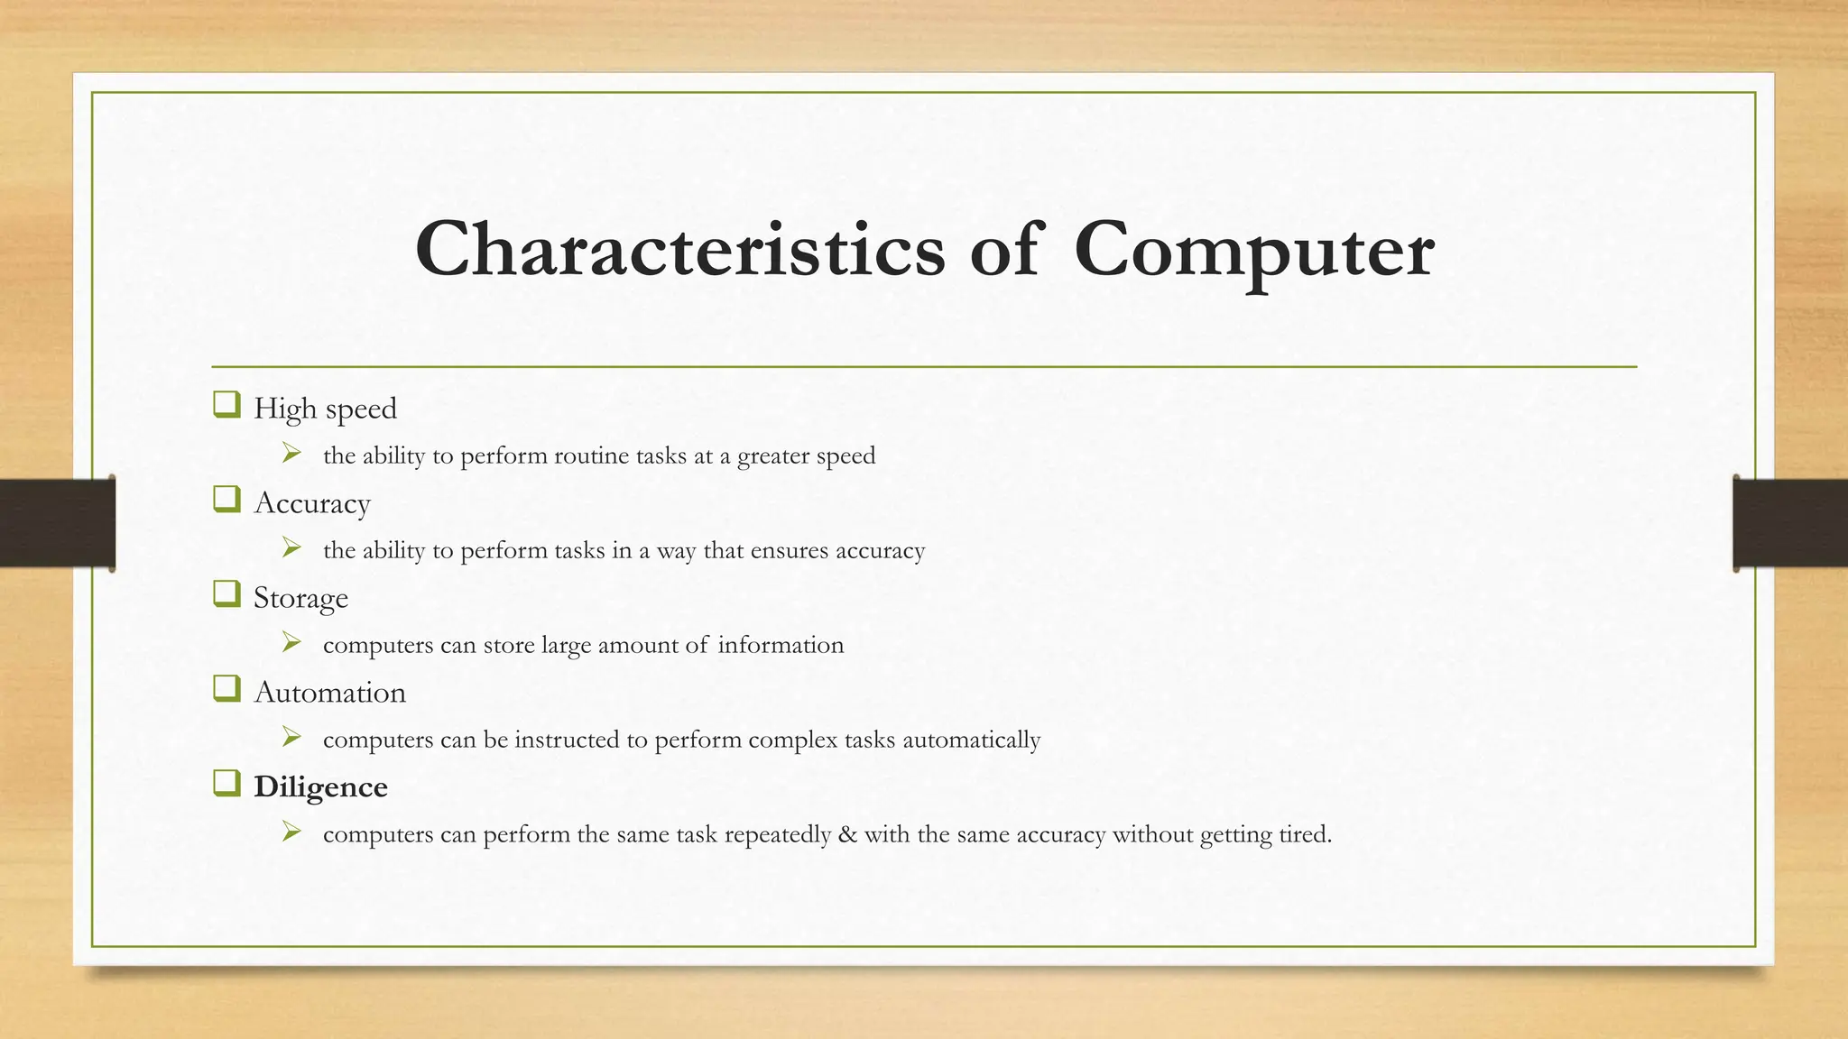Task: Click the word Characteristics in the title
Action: pyautogui.click(x=679, y=250)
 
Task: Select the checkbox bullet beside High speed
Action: pyautogui.click(x=226, y=405)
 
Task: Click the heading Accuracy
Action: pyautogui.click(x=312, y=503)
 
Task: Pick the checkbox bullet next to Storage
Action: pyautogui.click(x=226, y=594)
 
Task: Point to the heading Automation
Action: pyautogui.click(x=329, y=693)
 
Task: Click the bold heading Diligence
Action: pyautogui.click(x=320, y=787)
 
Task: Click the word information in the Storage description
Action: pyautogui.click(x=781, y=645)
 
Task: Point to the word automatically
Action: pyautogui.click(x=971, y=740)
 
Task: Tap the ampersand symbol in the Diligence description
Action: pyautogui.click(x=847, y=834)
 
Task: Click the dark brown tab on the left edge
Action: pyautogui.click(x=57, y=523)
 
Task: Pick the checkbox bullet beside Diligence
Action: pyautogui.click(x=226, y=784)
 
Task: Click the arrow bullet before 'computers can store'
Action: pyautogui.click(x=291, y=642)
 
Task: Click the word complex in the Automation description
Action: pyautogui.click(x=793, y=740)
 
